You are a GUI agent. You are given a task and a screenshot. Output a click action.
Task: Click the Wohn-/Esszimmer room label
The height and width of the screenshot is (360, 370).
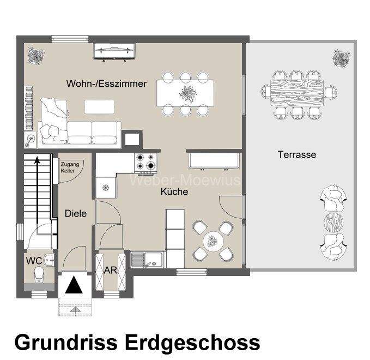pos(106,83)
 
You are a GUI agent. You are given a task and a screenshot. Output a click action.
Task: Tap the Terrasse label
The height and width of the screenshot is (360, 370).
pos(296,154)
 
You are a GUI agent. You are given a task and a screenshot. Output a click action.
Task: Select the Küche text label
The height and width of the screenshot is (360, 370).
pos(174,191)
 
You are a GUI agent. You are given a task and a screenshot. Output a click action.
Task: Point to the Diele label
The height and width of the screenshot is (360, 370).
pos(75,213)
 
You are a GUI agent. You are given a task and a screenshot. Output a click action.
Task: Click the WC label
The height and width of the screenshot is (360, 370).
pos(34,261)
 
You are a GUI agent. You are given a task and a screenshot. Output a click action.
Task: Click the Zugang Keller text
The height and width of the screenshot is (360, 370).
pos(70,167)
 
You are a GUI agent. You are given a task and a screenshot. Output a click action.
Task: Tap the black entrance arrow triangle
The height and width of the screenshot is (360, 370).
pos(75,285)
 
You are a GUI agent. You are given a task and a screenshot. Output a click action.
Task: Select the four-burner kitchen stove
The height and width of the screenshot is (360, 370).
pos(146,162)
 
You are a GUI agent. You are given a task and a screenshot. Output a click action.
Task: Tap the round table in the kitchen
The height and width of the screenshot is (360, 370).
pos(211,240)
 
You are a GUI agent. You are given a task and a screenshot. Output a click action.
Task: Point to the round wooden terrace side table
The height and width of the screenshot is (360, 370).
pos(335,222)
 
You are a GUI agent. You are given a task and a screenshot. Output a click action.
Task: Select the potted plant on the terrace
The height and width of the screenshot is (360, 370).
pos(341,57)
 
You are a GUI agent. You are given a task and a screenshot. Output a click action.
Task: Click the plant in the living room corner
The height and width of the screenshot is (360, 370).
pos(37,55)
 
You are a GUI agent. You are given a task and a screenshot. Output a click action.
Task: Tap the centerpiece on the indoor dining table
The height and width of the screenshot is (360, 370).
pos(186,93)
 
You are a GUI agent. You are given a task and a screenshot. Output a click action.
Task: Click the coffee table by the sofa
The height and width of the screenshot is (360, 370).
pos(100,106)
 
